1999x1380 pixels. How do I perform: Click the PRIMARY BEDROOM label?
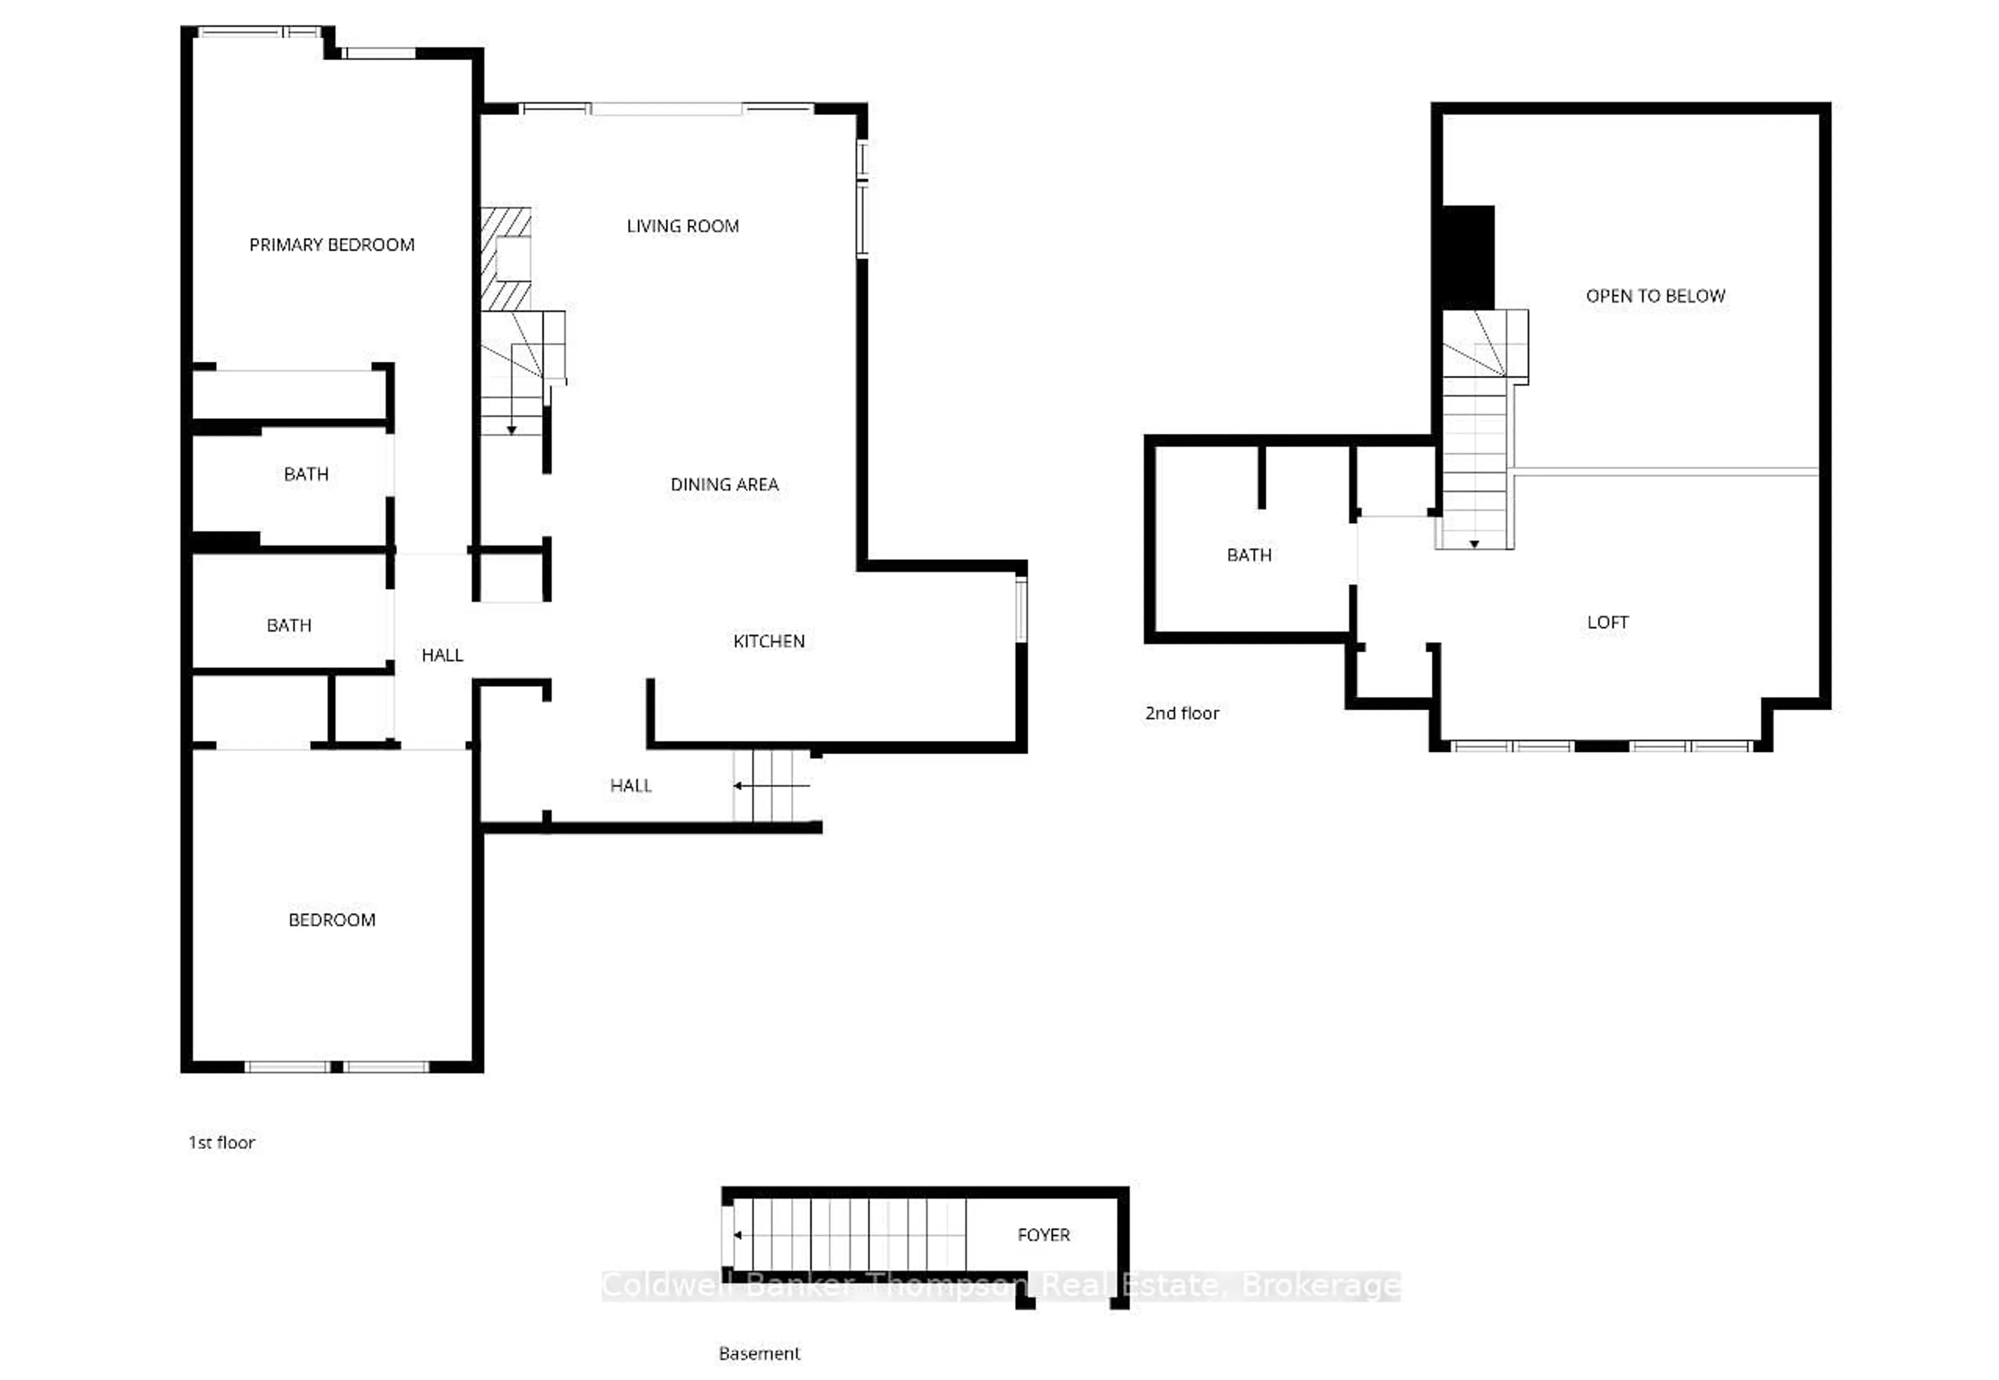point(332,245)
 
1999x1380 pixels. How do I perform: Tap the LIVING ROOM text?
point(682,226)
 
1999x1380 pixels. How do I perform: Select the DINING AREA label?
point(725,484)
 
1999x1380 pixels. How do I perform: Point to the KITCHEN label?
point(769,641)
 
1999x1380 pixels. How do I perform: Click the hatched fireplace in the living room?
point(507,259)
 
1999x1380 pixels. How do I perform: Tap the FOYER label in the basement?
point(1044,1235)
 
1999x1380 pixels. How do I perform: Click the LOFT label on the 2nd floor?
point(1608,622)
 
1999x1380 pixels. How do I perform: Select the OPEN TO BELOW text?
point(1655,296)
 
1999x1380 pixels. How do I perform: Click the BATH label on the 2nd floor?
point(1248,555)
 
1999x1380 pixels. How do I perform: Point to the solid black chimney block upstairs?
point(1468,257)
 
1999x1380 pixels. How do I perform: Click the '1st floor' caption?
point(221,1142)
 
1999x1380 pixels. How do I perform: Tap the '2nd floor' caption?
point(1182,713)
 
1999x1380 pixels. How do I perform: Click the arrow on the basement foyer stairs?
point(738,1235)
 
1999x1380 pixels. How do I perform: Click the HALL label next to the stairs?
point(630,785)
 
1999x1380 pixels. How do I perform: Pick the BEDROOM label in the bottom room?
point(332,919)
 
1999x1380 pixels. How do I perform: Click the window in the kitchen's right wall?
point(1021,610)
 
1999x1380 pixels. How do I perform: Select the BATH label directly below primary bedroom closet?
point(306,474)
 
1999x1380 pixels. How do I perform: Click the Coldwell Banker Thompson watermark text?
point(1001,1286)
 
